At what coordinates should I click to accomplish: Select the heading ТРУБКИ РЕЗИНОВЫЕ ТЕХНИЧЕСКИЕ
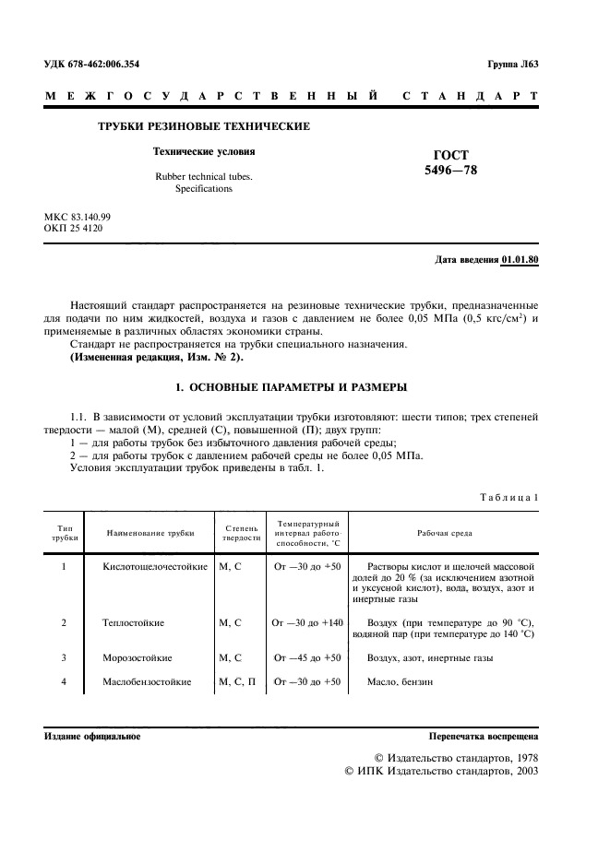pyautogui.click(x=204, y=126)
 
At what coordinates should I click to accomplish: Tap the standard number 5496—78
pyautogui.click(x=450, y=171)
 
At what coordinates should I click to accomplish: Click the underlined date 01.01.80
pyautogui.click(x=520, y=260)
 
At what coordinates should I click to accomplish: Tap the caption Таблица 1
pyautogui.click(x=508, y=498)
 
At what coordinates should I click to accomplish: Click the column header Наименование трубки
pyautogui.click(x=150, y=533)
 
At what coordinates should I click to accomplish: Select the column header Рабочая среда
pyautogui.click(x=443, y=533)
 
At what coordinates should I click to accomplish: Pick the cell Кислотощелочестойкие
pyautogui.click(x=155, y=566)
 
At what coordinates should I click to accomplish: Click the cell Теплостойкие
pyautogui.click(x=134, y=623)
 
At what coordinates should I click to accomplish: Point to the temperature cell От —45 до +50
pyautogui.click(x=306, y=658)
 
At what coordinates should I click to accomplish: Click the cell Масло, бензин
pyautogui.click(x=400, y=682)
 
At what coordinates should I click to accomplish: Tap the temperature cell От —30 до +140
pyautogui.click(x=306, y=623)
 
